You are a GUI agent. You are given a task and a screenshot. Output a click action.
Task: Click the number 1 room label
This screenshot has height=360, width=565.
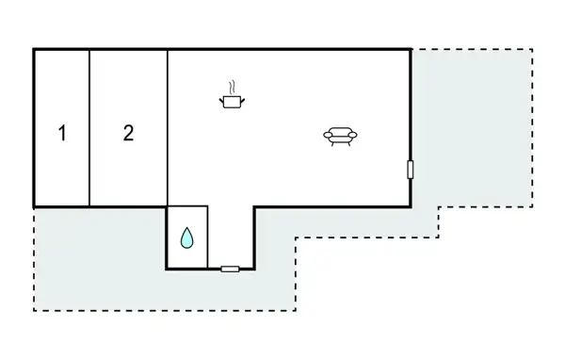click(x=62, y=133)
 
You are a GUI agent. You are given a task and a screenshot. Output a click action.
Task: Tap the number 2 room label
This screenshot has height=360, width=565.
click(x=128, y=133)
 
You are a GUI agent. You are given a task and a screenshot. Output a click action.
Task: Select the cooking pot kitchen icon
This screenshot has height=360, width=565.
click(x=231, y=99)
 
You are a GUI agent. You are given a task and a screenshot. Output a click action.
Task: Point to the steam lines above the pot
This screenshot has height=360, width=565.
click(x=231, y=86)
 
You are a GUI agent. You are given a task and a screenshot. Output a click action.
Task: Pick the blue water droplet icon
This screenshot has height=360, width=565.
click(x=187, y=238)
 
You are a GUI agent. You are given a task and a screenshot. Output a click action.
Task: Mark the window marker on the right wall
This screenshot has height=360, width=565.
click(x=411, y=170)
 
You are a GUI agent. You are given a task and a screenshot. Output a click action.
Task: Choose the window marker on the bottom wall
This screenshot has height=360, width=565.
click(x=230, y=270)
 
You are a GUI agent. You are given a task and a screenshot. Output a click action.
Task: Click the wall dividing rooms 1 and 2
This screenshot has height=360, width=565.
click(x=89, y=127)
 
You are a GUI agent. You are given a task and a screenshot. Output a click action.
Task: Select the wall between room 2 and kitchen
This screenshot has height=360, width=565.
click(x=168, y=127)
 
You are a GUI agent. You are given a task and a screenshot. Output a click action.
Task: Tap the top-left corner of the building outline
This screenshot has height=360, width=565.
click(x=34, y=49)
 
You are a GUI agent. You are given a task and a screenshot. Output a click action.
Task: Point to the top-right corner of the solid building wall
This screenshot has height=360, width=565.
click(x=411, y=49)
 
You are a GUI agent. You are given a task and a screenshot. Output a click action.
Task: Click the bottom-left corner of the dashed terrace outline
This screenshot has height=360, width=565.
click(x=34, y=310)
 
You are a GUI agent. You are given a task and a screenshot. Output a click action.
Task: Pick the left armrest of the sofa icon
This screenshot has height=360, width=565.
click(x=327, y=138)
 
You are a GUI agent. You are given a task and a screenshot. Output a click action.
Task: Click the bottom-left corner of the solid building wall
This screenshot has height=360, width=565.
click(x=34, y=206)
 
